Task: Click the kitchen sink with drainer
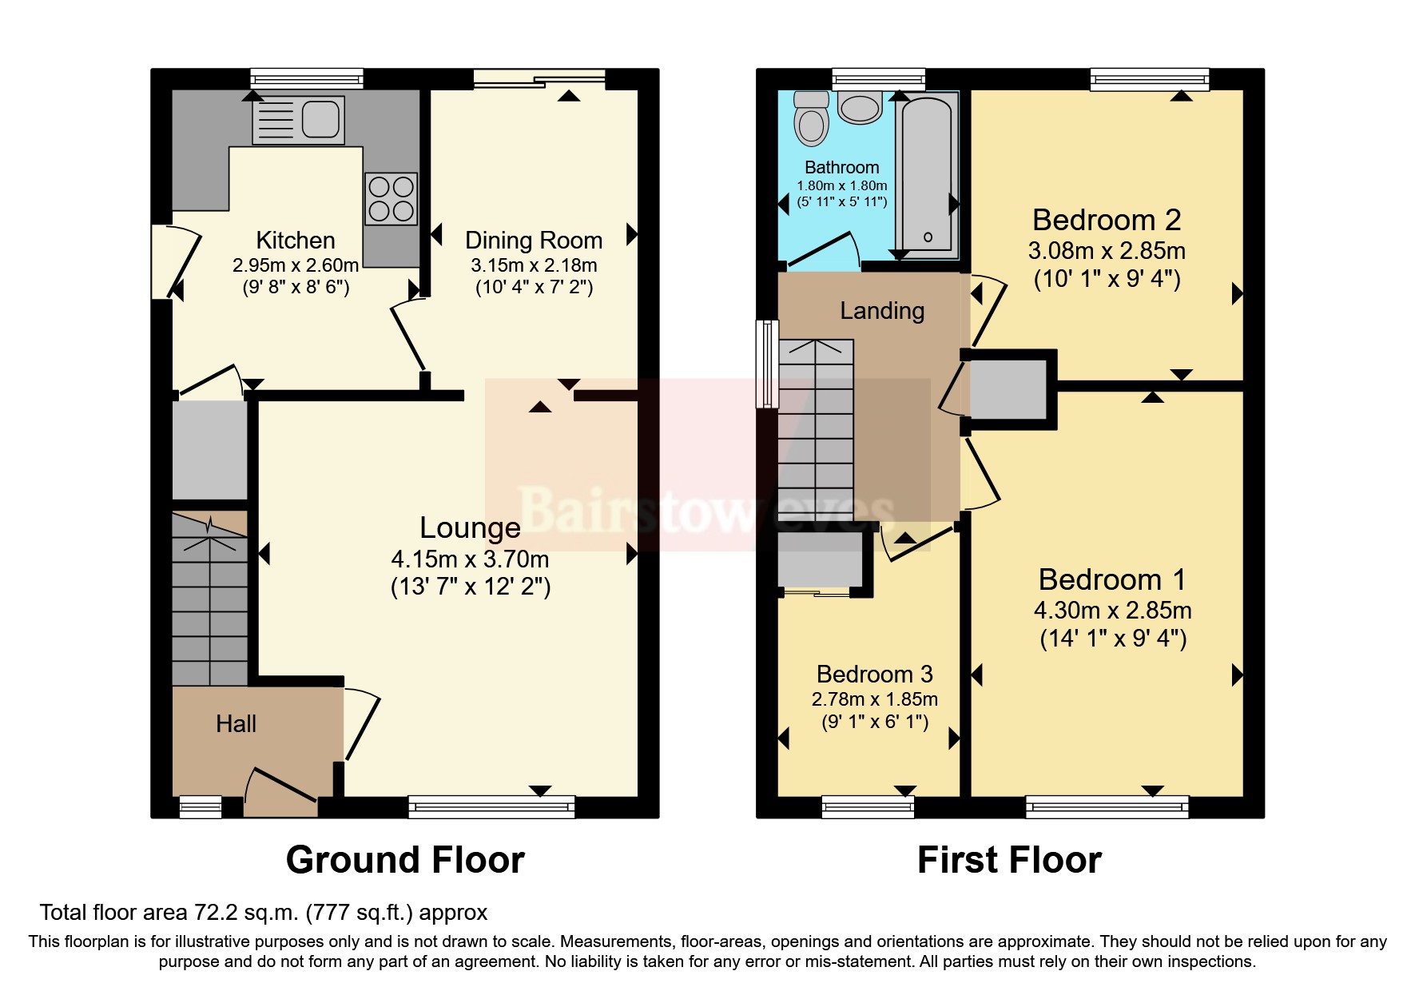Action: (x=298, y=120)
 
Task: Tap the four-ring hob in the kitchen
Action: (x=392, y=199)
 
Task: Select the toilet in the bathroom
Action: (x=812, y=120)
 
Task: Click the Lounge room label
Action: (x=470, y=528)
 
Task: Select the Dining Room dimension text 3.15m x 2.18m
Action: (x=534, y=265)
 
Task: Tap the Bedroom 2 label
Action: (x=1107, y=220)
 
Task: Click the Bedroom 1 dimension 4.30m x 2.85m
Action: (x=1112, y=611)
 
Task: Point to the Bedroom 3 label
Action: (x=874, y=674)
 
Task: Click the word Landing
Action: (x=882, y=311)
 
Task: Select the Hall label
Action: (x=236, y=724)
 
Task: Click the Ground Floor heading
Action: (x=405, y=860)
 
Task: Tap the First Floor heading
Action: (x=1009, y=860)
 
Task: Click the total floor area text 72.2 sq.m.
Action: (x=264, y=912)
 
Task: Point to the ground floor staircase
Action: (x=210, y=599)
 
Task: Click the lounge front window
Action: (x=491, y=806)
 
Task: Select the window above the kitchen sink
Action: (x=307, y=78)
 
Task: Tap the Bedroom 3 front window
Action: (x=868, y=806)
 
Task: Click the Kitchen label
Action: (x=295, y=241)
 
